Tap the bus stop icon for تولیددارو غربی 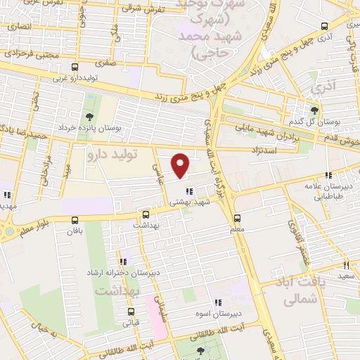(75, 67)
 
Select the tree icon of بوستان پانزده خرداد (89, 117)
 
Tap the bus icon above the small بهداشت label (146, 214)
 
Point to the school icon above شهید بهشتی (188, 191)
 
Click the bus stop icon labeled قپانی (130, 311)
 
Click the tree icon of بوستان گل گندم (314, 110)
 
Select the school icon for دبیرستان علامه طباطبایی (328, 176)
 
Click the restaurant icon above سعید (346, 265)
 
